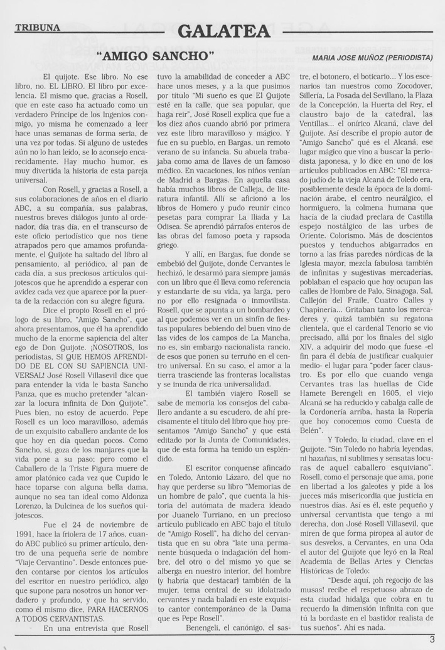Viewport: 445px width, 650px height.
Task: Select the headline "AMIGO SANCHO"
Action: click(156, 56)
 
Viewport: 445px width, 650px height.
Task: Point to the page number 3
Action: click(432, 639)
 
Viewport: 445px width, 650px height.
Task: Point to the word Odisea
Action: click(173, 235)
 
